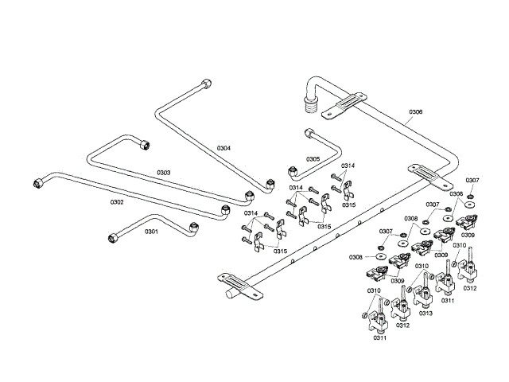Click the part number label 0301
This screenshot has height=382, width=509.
click(x=151, y=232)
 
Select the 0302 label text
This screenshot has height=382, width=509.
click(x=117, y=202)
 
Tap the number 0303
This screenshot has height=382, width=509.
click(x=164, y=172)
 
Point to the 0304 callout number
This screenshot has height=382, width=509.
click(x=223, y=148)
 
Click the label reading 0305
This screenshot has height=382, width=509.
click(x=313, y=158)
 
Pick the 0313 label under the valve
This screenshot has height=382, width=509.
click(x=425, y=314)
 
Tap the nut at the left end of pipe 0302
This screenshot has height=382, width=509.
click(x=37, y=183)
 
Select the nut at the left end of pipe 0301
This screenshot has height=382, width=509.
click(x=113, y=236)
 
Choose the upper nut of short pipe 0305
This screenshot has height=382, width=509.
click(x=308, y=134)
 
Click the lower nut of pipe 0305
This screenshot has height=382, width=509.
click(x=293, y=170)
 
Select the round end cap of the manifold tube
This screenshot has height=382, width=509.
click(x=231, y=293)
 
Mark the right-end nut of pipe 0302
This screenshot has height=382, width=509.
click(x=225, y=212)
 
